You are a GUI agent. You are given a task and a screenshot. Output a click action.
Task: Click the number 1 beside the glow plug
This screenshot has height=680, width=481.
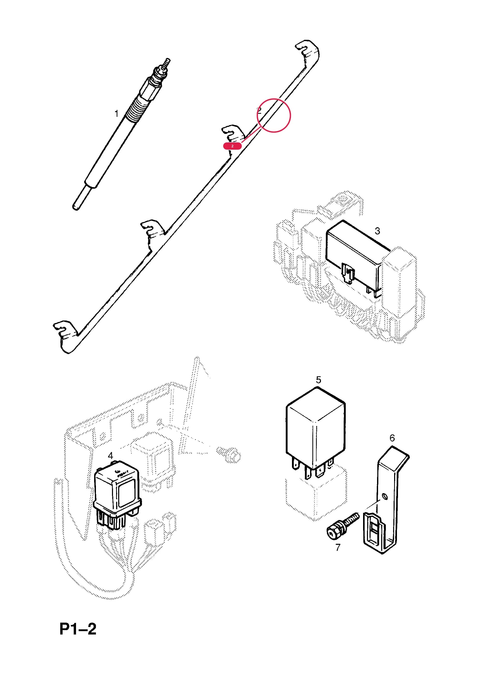tap(116, 113)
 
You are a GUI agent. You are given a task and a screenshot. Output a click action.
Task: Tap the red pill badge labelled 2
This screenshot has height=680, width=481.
tap(232, 146)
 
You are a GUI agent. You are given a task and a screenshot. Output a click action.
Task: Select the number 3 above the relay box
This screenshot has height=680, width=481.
tap(377, 231)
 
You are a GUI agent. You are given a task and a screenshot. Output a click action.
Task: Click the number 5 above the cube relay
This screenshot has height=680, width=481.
tap(319, 380)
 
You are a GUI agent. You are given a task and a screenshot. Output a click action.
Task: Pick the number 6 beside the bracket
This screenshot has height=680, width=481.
tap(392, 438)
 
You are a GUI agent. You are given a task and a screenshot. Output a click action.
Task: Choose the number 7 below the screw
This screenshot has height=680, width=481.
tap(338, 547)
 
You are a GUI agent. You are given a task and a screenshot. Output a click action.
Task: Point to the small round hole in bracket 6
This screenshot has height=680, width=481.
tap(385, 497)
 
